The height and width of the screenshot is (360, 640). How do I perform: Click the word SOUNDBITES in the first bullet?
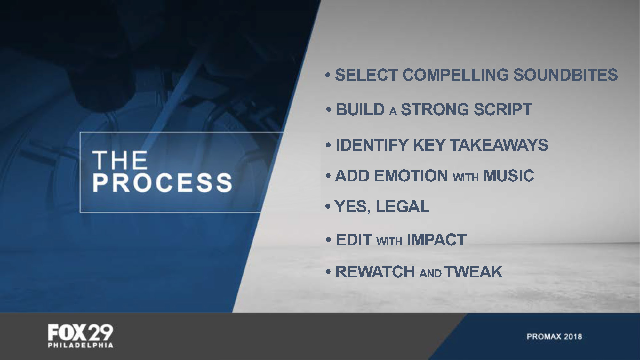click(x=565, y=75)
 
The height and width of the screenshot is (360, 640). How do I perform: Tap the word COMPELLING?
click(x=455, y=75)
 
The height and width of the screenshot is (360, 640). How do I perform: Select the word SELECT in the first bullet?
click(x=366, y=75)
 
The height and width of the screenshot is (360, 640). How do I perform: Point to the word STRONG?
click(x=435, y=109)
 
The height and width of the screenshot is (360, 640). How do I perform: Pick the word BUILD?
click(x=360, y=109)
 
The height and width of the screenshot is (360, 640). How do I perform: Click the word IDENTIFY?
click(x=372, y=145)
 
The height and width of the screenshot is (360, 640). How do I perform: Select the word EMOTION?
click(x=411, y=176)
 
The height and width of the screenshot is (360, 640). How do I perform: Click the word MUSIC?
click(x=508, y=176)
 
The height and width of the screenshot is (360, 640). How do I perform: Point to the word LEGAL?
click(x=403, y=206)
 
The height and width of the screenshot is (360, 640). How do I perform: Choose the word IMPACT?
click(x=436, y=240)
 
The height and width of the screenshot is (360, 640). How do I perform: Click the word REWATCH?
click(x=375, y=272)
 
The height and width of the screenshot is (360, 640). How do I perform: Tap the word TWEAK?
click(x=473, y=272)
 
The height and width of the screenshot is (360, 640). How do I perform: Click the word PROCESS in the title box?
click(x=162, y=182)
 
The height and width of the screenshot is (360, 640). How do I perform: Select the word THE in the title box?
click(x=120, y=160)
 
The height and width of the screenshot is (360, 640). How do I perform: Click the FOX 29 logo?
click(x=80, y=333)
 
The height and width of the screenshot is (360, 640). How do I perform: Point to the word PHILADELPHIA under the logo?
click(x=80, y=345)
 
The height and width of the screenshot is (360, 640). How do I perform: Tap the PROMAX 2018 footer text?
click(x=554, y=337)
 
